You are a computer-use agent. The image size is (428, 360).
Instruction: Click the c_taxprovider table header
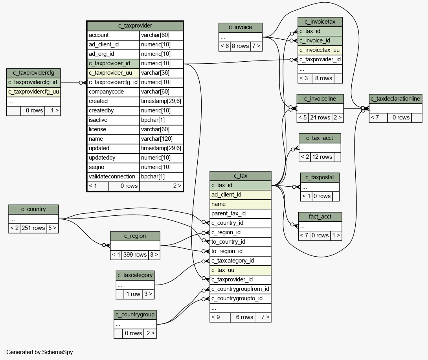pos(135,26)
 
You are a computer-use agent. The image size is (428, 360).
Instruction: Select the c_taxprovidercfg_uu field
pos(33,92)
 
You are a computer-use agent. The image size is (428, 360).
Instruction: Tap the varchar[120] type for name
pos(161,139)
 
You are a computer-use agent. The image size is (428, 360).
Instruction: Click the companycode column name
pos(113,92)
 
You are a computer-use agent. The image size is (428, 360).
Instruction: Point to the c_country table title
pos(33,209)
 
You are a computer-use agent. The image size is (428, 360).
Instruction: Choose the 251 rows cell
pos(33,228)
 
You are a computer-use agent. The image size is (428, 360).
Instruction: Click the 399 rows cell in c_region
pos(135,255)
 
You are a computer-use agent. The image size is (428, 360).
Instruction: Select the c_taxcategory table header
pos(135,275)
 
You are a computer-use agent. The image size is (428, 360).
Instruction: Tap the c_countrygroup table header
pos(135,315)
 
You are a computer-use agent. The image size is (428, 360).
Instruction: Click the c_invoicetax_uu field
pos(320,50)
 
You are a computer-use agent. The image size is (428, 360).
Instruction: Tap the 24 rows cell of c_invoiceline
pos(320,117)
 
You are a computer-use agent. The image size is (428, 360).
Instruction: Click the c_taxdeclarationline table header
pos(395,99)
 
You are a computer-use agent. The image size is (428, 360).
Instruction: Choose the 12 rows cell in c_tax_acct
pos(321,157)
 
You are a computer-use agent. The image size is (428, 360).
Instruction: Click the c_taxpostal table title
pos(320,177)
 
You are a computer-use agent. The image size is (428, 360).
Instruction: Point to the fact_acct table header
pos(320,217)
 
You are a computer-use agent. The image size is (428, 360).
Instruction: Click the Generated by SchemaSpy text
pos(40,352)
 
